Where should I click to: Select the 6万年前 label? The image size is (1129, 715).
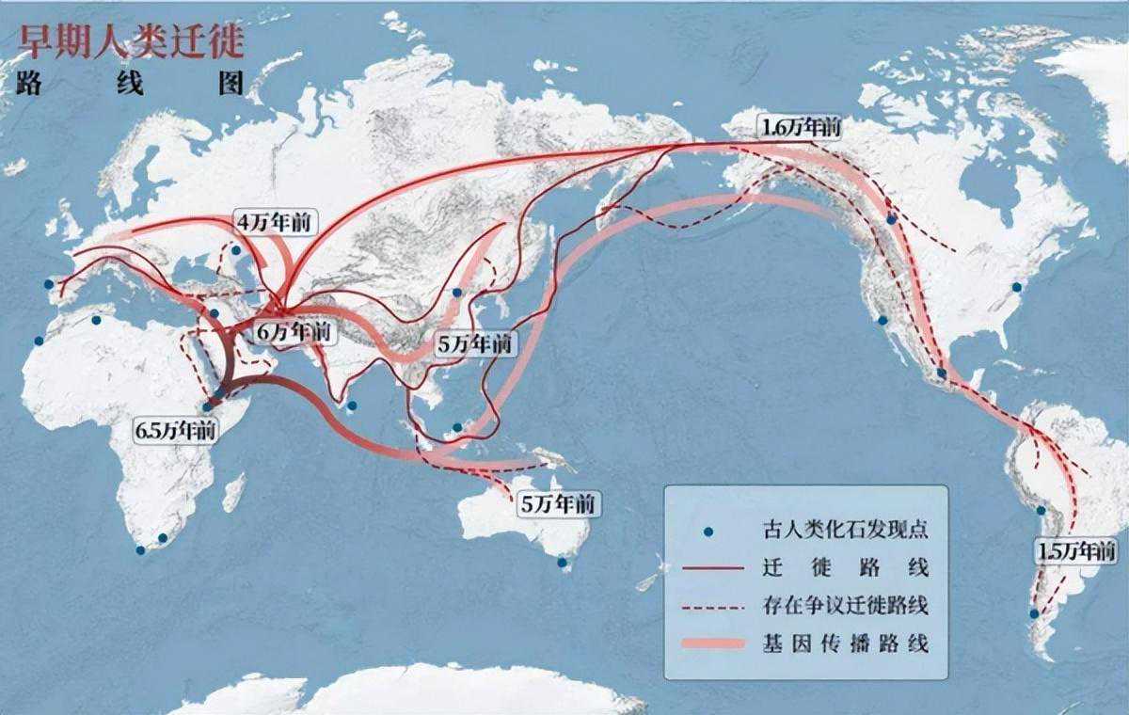coord(294,332)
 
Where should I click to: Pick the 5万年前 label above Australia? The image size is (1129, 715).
coord(558,503)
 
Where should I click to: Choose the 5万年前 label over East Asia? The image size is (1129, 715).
coord(476,344)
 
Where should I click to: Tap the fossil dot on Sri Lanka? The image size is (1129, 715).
coord(351,406)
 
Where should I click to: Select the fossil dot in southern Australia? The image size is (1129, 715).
coord(563,563)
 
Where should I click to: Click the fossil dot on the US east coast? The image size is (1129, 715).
coord(1016,287)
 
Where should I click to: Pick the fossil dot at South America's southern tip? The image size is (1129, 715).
coord(1034,613)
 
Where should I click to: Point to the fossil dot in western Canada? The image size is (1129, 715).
coord(891,219)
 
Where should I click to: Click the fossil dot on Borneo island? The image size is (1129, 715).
coord(457,427)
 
